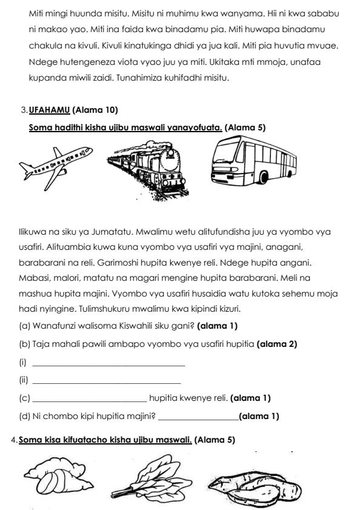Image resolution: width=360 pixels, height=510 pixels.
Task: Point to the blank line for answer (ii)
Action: point(106,382)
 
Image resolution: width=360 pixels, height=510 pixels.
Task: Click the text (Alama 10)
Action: point(95,110)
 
